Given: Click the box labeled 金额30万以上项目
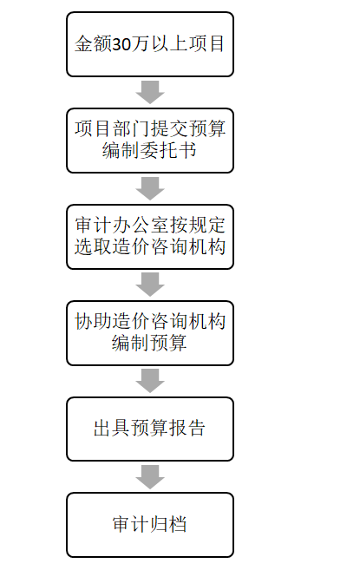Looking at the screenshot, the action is (x=150, y=44).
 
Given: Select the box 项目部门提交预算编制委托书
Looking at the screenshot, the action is (x=150, y=141).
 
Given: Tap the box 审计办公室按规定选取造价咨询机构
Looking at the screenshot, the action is (x=150, y=237).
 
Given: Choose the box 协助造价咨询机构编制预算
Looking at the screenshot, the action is (x=150, y=333).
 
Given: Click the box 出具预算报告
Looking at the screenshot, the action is (x=150, y=429).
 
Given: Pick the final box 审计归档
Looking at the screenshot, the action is (x=150, y=525).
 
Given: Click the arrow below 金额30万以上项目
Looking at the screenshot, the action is (x=150, y=92).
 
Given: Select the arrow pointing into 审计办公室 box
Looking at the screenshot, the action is (x=150, y=188).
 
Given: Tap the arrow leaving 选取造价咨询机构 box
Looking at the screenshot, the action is (x=150, y=285).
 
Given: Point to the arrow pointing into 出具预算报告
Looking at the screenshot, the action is (x=150, y=381).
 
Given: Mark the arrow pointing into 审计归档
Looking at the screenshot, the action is (x=150, y=477).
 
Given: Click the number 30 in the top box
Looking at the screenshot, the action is (x=121, y=44).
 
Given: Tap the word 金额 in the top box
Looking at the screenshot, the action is (x=94, y=44).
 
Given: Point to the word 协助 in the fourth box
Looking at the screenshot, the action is (x=94, y=321).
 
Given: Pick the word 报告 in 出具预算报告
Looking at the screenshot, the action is (x=187, y=428).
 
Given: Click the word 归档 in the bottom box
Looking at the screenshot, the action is (x=169, y=524).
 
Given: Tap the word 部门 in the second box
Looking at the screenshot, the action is (x=131, y=128).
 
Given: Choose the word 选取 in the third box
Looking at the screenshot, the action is (x=94, y=246).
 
